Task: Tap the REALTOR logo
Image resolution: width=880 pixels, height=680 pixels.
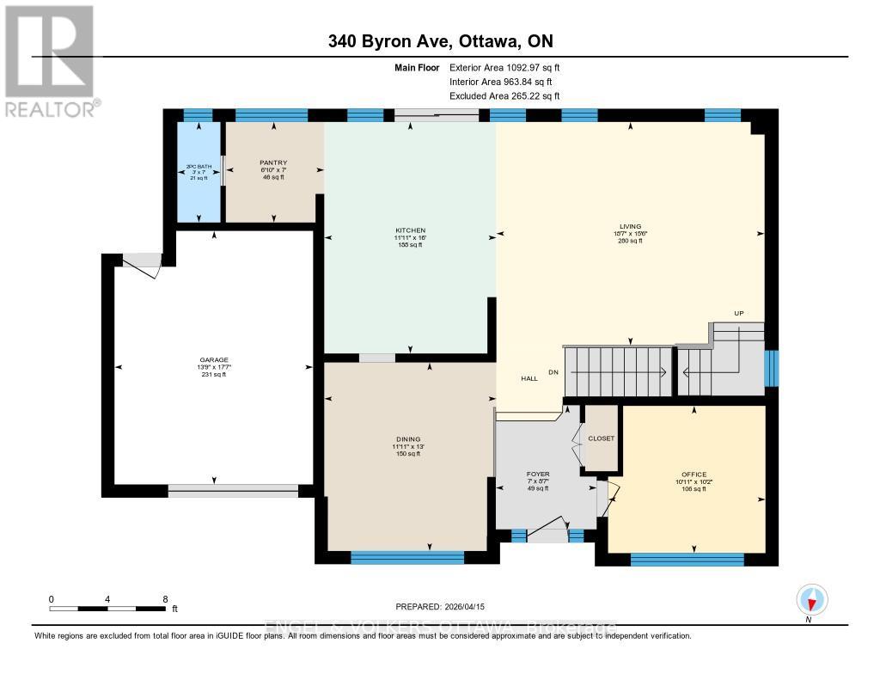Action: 49,60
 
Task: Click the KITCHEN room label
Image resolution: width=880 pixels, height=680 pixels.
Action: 409,231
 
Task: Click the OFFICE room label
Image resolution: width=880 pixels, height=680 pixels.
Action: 694,475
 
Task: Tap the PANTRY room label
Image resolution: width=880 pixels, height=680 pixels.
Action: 272,162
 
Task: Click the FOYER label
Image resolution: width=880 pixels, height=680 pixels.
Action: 538,474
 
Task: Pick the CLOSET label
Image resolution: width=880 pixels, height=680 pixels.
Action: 601,438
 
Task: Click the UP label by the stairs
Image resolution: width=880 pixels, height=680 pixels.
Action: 738,313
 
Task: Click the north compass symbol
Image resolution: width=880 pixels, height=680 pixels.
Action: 810,599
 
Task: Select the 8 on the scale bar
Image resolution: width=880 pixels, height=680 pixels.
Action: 164,598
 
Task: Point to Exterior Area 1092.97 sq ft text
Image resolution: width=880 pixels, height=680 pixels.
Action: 505,67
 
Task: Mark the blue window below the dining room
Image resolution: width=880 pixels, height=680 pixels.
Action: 407,557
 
